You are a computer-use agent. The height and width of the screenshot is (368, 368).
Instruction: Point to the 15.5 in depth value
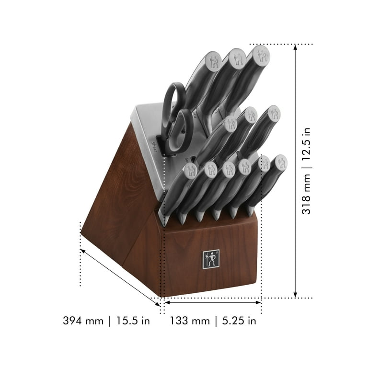point(130,321)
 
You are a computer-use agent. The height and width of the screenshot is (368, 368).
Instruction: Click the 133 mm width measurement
point(189,321)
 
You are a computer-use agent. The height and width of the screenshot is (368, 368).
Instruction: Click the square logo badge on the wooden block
point(210,259)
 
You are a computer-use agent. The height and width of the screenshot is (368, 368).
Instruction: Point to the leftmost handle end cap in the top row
point(213,61)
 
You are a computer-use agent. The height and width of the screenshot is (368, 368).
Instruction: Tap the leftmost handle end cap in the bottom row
point(191,170)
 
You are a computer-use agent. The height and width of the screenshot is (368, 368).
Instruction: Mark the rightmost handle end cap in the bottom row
point(281,162)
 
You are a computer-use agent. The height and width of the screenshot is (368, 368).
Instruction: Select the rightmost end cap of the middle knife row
point(274,113)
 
